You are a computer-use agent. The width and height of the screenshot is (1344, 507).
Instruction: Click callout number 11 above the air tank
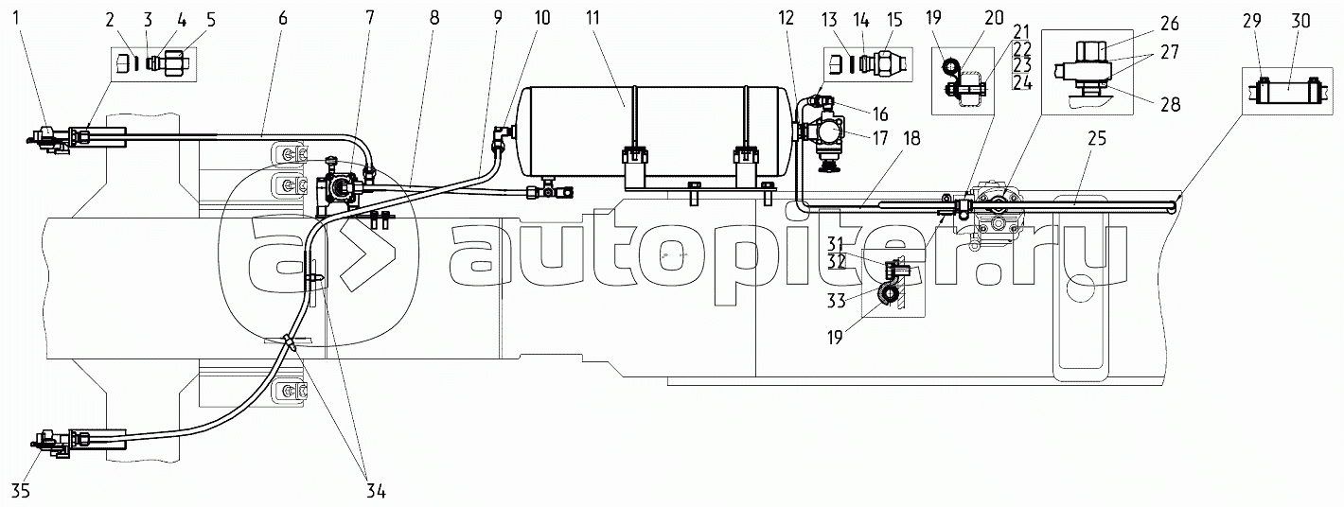(592, 18)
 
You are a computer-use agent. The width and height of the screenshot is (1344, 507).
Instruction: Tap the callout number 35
(21, 492)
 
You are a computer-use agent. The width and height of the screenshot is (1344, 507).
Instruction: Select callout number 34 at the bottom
(375, 492)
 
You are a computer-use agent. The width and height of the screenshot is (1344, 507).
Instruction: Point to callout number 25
(1096, 139)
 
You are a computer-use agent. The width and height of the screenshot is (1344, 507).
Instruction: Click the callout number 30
(1300, 21)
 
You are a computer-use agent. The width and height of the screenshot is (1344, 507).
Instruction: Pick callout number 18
(911, 138)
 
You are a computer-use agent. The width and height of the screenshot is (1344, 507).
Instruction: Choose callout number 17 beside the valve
(879, 138)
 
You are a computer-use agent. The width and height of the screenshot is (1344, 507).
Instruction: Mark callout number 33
(837, 300)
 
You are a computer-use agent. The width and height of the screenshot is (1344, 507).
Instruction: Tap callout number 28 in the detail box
(1170, 104)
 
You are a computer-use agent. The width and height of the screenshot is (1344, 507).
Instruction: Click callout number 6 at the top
(283, 18)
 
